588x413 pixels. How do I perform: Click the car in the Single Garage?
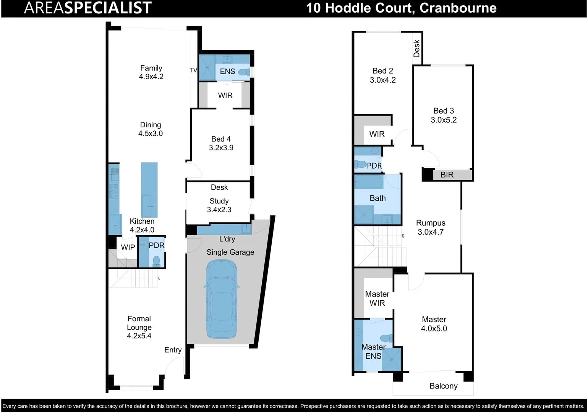coord(222,299)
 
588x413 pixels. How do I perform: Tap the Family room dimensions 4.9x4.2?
coord(151,76)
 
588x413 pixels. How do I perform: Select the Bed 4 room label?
coord(221,139)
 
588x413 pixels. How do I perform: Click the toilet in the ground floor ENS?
coord(244,72)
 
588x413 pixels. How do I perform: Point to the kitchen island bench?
coord(149,189)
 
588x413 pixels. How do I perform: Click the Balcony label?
coord(443,386)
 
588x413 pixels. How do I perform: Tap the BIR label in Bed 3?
coord(447,175)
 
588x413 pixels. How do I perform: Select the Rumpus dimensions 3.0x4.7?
coord(430,232)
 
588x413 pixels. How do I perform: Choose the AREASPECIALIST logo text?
coord(87,8)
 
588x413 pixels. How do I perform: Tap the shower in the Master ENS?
coord(392,359)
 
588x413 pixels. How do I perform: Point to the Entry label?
coord(173,350)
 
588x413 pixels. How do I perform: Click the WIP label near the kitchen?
coord(128,247)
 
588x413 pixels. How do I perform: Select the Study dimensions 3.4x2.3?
coord(219,210)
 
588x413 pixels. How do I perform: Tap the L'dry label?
coord(227,239)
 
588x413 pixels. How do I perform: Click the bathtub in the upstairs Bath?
coord(369,182)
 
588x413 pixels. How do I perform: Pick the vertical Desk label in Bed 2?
coord(416,49)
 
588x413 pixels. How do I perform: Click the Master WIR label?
coord(377,299)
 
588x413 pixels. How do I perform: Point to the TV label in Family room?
coord(193,70)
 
